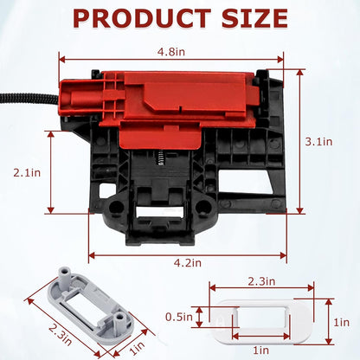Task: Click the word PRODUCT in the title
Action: (142, 18)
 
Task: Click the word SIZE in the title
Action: (254, 18)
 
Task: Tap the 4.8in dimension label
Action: (171, 52)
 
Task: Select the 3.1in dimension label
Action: (318, 142)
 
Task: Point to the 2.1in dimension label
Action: (27, 172)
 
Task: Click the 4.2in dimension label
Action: (188, 263)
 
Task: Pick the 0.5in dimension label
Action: (179, 317)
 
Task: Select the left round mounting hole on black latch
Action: (116, 206)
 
